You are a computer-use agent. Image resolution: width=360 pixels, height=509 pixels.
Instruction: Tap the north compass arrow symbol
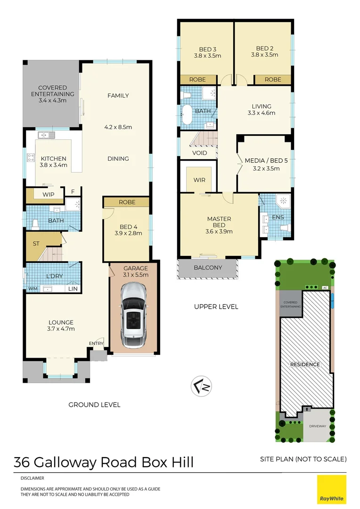pos(201,386)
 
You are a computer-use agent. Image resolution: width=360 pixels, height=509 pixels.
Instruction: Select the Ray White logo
pos(331,489)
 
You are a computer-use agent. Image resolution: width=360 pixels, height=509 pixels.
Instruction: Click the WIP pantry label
pos(48,194)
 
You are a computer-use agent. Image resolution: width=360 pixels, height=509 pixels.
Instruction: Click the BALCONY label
pos(207,268)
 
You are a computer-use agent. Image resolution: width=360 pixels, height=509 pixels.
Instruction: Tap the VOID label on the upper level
pos(199,153)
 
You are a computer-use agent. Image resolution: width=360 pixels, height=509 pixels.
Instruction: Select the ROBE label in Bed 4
pos(127,202)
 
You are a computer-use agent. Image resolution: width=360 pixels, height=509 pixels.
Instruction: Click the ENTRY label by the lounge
pos(96,344)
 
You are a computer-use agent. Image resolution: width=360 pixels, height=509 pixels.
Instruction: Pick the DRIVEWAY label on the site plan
pos(318,426)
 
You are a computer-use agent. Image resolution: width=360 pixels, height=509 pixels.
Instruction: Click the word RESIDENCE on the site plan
pos(304,364)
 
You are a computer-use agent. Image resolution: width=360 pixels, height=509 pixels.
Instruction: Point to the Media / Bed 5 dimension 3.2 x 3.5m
pos(266,168)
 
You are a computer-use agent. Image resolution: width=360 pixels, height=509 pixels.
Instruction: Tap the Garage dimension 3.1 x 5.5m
pos(136,275)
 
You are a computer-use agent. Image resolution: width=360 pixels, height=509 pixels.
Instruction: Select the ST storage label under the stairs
pos(36,244)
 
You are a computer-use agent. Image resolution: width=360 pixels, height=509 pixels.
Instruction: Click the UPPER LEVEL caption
pos(216,307)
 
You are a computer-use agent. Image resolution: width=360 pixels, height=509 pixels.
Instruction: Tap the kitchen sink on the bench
pos(47,135)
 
